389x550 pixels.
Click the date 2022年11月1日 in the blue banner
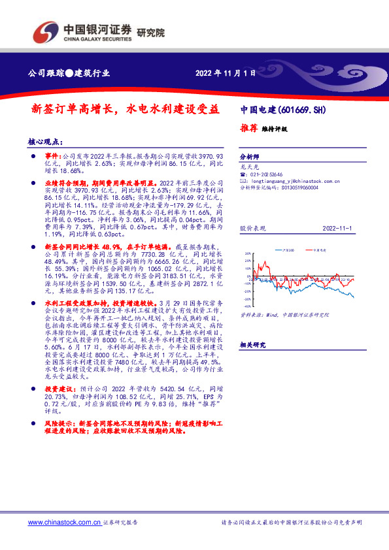pyautogui.click(x=224, y=73)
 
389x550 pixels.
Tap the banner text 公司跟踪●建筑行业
pyautogui.click(x=71, y=73)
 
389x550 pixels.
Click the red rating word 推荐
pyautogui.click(x=249, y=129)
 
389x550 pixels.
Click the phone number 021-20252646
pyautogui.click(x=265, y=175)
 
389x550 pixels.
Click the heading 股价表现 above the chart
pyautogui.click(x=252, y=230)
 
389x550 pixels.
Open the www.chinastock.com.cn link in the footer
pyautogui.click(x=65, y=523)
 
